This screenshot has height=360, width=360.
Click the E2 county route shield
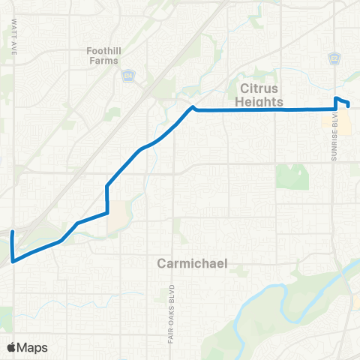pos(334,58)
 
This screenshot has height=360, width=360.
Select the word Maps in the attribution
pos(33,347)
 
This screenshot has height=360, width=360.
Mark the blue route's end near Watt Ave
pos(11,233)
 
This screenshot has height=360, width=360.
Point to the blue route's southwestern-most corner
pos(13,261)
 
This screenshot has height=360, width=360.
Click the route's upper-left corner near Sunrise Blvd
pos(335,98)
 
